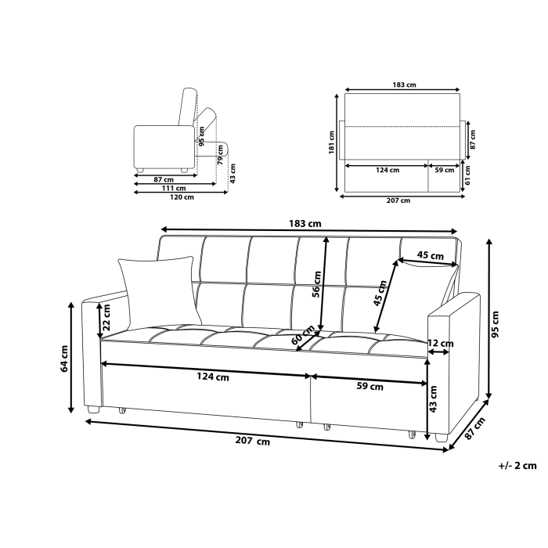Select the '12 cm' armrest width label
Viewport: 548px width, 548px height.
pyautogui.click(x=440, y=343)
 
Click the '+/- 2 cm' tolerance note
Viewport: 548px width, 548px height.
pyautogui.click(x=517, y=465)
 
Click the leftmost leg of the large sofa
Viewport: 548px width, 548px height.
pyautogui.click(x=94, y=409)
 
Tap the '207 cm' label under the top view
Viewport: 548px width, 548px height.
pyautogui.click(x=398, y=201)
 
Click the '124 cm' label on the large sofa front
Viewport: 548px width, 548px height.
pyautogui.click(x=212, y=377)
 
